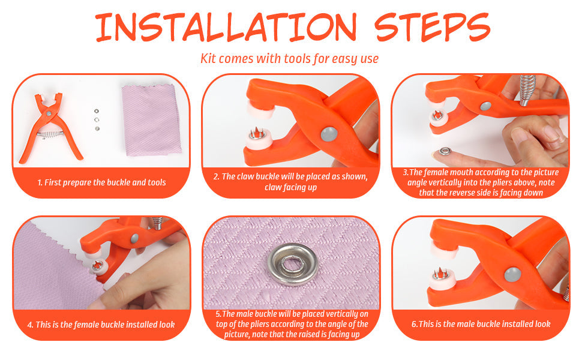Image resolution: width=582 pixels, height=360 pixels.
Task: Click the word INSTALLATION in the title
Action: pos(226,27)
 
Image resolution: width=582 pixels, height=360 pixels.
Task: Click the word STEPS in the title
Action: pos(433,27)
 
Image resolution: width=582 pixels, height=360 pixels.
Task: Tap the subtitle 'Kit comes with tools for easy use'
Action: pos(289,59)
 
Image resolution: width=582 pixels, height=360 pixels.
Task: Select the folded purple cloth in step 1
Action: pos(151,120)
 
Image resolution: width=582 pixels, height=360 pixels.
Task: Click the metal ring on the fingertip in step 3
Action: pos(445,151)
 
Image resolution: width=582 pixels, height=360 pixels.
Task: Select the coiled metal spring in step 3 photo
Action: pos(527,90)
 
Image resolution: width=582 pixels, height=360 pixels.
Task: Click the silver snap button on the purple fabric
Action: pos(293,265)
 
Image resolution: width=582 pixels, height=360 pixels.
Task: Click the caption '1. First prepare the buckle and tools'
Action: pos(102,182)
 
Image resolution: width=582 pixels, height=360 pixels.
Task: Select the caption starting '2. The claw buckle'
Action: pos(290,181)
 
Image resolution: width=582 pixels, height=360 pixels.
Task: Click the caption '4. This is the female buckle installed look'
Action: pos(101,325)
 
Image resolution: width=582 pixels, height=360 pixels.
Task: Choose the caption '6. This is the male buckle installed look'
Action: pos(481,324)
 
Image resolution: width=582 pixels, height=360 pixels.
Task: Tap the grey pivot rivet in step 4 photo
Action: pos(134,238)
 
